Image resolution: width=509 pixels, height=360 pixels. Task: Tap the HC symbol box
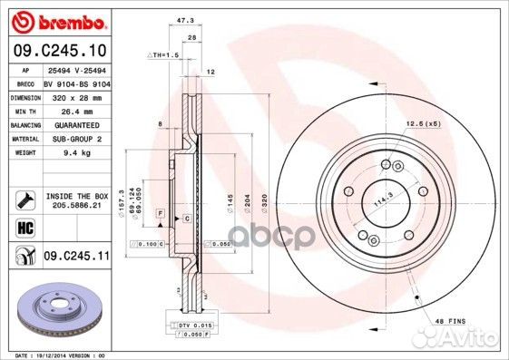[19, 226]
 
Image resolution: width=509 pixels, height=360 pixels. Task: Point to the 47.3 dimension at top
[186, 18]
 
